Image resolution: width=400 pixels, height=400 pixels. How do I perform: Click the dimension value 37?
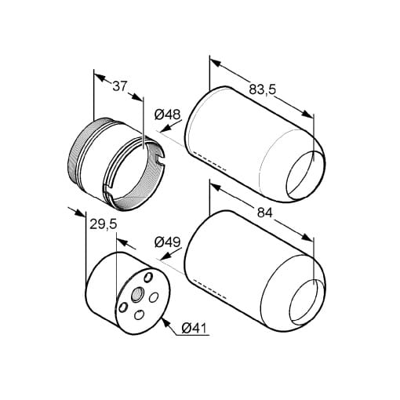120,86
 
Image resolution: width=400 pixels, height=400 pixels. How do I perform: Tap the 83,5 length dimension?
262,89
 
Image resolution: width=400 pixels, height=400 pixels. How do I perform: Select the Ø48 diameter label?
167,115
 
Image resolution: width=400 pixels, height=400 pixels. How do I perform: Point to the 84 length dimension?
265,213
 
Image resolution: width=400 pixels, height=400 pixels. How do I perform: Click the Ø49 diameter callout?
167,242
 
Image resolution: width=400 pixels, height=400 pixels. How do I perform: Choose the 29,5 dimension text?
103,224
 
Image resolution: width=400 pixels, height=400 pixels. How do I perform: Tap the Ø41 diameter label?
194,328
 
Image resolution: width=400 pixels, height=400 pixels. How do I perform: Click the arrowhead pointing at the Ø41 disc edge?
165,323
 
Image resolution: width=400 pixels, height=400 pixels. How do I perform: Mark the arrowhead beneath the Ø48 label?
165,129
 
